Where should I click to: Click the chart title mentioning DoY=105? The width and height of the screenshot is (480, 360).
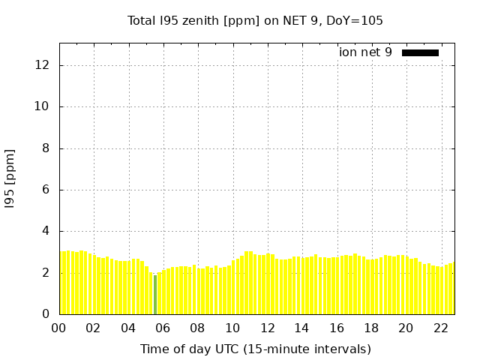click(x=255, y=21)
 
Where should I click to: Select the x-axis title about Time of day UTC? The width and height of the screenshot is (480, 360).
click(x=255, y=349)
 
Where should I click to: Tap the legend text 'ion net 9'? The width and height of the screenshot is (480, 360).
click(x=365, y=52)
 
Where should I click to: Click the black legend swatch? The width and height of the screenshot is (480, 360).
click(x=420, y=52)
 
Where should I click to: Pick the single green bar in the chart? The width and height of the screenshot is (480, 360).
click(x=155, y=295)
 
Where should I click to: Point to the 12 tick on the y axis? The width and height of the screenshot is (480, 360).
click(x=43, y=65)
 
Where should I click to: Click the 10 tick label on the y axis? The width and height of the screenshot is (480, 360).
click(x=43, y=106)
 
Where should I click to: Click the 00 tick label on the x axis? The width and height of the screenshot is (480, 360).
click(x=58, y=328)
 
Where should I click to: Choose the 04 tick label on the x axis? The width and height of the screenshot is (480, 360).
click(x=128, y=328)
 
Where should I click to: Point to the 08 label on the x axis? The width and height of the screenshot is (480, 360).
click(x=197, y=328)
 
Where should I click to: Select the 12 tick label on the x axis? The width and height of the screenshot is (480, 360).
click(x=267, y=328)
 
